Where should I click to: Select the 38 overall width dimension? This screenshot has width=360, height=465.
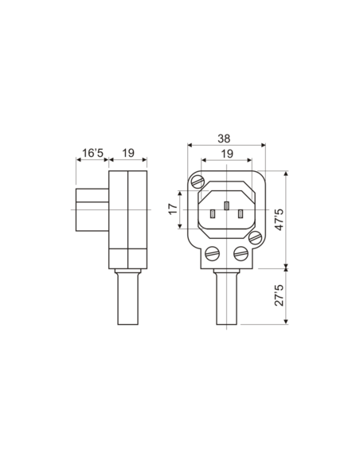pyautogui.click(x=226, y=137)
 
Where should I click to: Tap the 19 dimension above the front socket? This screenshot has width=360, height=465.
pyautogui.click(x=226, y=153)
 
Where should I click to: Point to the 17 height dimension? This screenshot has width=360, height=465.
pyautogui.click(x=173, y=210)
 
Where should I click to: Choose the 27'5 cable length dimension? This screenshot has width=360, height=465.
pyautogui.click(x=279, y=297)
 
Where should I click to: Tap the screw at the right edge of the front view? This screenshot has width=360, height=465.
pyautogui.click(x=255, y=237)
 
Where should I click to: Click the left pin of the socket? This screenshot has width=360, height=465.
pyautogui.click(x=213, y=213)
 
